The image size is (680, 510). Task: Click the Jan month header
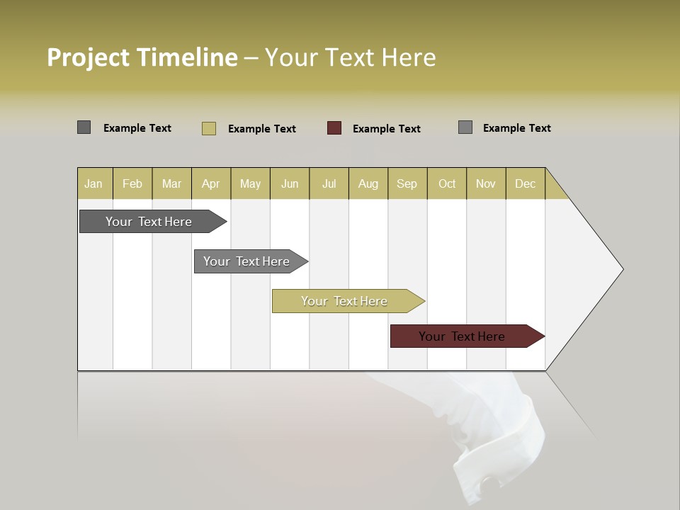coord(94,183)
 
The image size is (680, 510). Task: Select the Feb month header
coord(132,183)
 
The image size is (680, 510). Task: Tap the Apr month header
coord(211,183)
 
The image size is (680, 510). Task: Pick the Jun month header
coord(290,183)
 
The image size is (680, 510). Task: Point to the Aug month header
coord(368,183)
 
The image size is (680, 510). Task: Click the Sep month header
coord(407,183)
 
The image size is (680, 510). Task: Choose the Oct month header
coord(447,183)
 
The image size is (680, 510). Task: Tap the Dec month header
coord(526,183)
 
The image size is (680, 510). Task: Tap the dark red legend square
coord(334,128)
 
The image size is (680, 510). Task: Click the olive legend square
coord(209,128)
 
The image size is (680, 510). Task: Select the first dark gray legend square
coord(84,127)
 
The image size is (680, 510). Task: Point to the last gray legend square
coord(465,127)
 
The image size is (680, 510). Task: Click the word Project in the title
coord(89,57)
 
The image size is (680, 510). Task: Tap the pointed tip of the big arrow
coord(621,268)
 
